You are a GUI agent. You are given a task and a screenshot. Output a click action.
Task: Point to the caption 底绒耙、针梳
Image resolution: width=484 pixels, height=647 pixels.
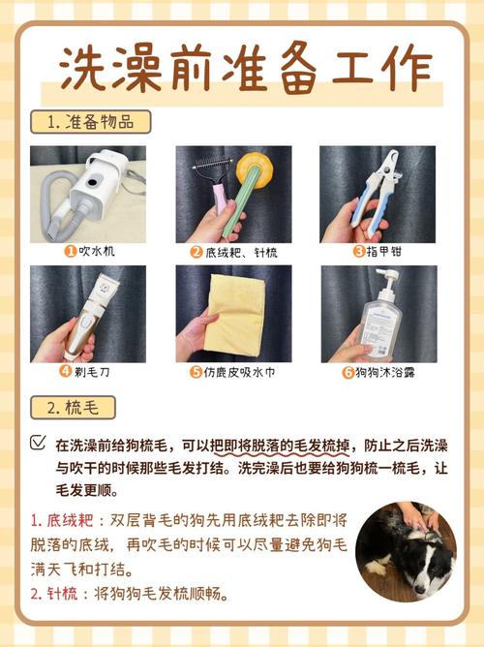click(x=238, y=251)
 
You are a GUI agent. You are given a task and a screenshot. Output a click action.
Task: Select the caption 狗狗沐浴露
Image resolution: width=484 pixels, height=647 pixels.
click(x=384, y=371)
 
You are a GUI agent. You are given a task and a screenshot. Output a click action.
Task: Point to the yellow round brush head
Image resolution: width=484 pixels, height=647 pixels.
click(x=258, y=166)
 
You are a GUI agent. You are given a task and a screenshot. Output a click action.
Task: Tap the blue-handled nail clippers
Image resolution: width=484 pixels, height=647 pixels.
click(x=374, y=189)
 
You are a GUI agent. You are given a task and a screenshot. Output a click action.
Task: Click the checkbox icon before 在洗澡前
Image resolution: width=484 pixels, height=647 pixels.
click(x=38, y=443)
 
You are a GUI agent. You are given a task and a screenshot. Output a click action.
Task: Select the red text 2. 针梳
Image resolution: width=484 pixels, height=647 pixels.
click(x=58, y=593)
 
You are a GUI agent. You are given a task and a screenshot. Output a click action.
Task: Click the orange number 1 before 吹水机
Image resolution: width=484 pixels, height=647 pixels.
click(x=71, y=251)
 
